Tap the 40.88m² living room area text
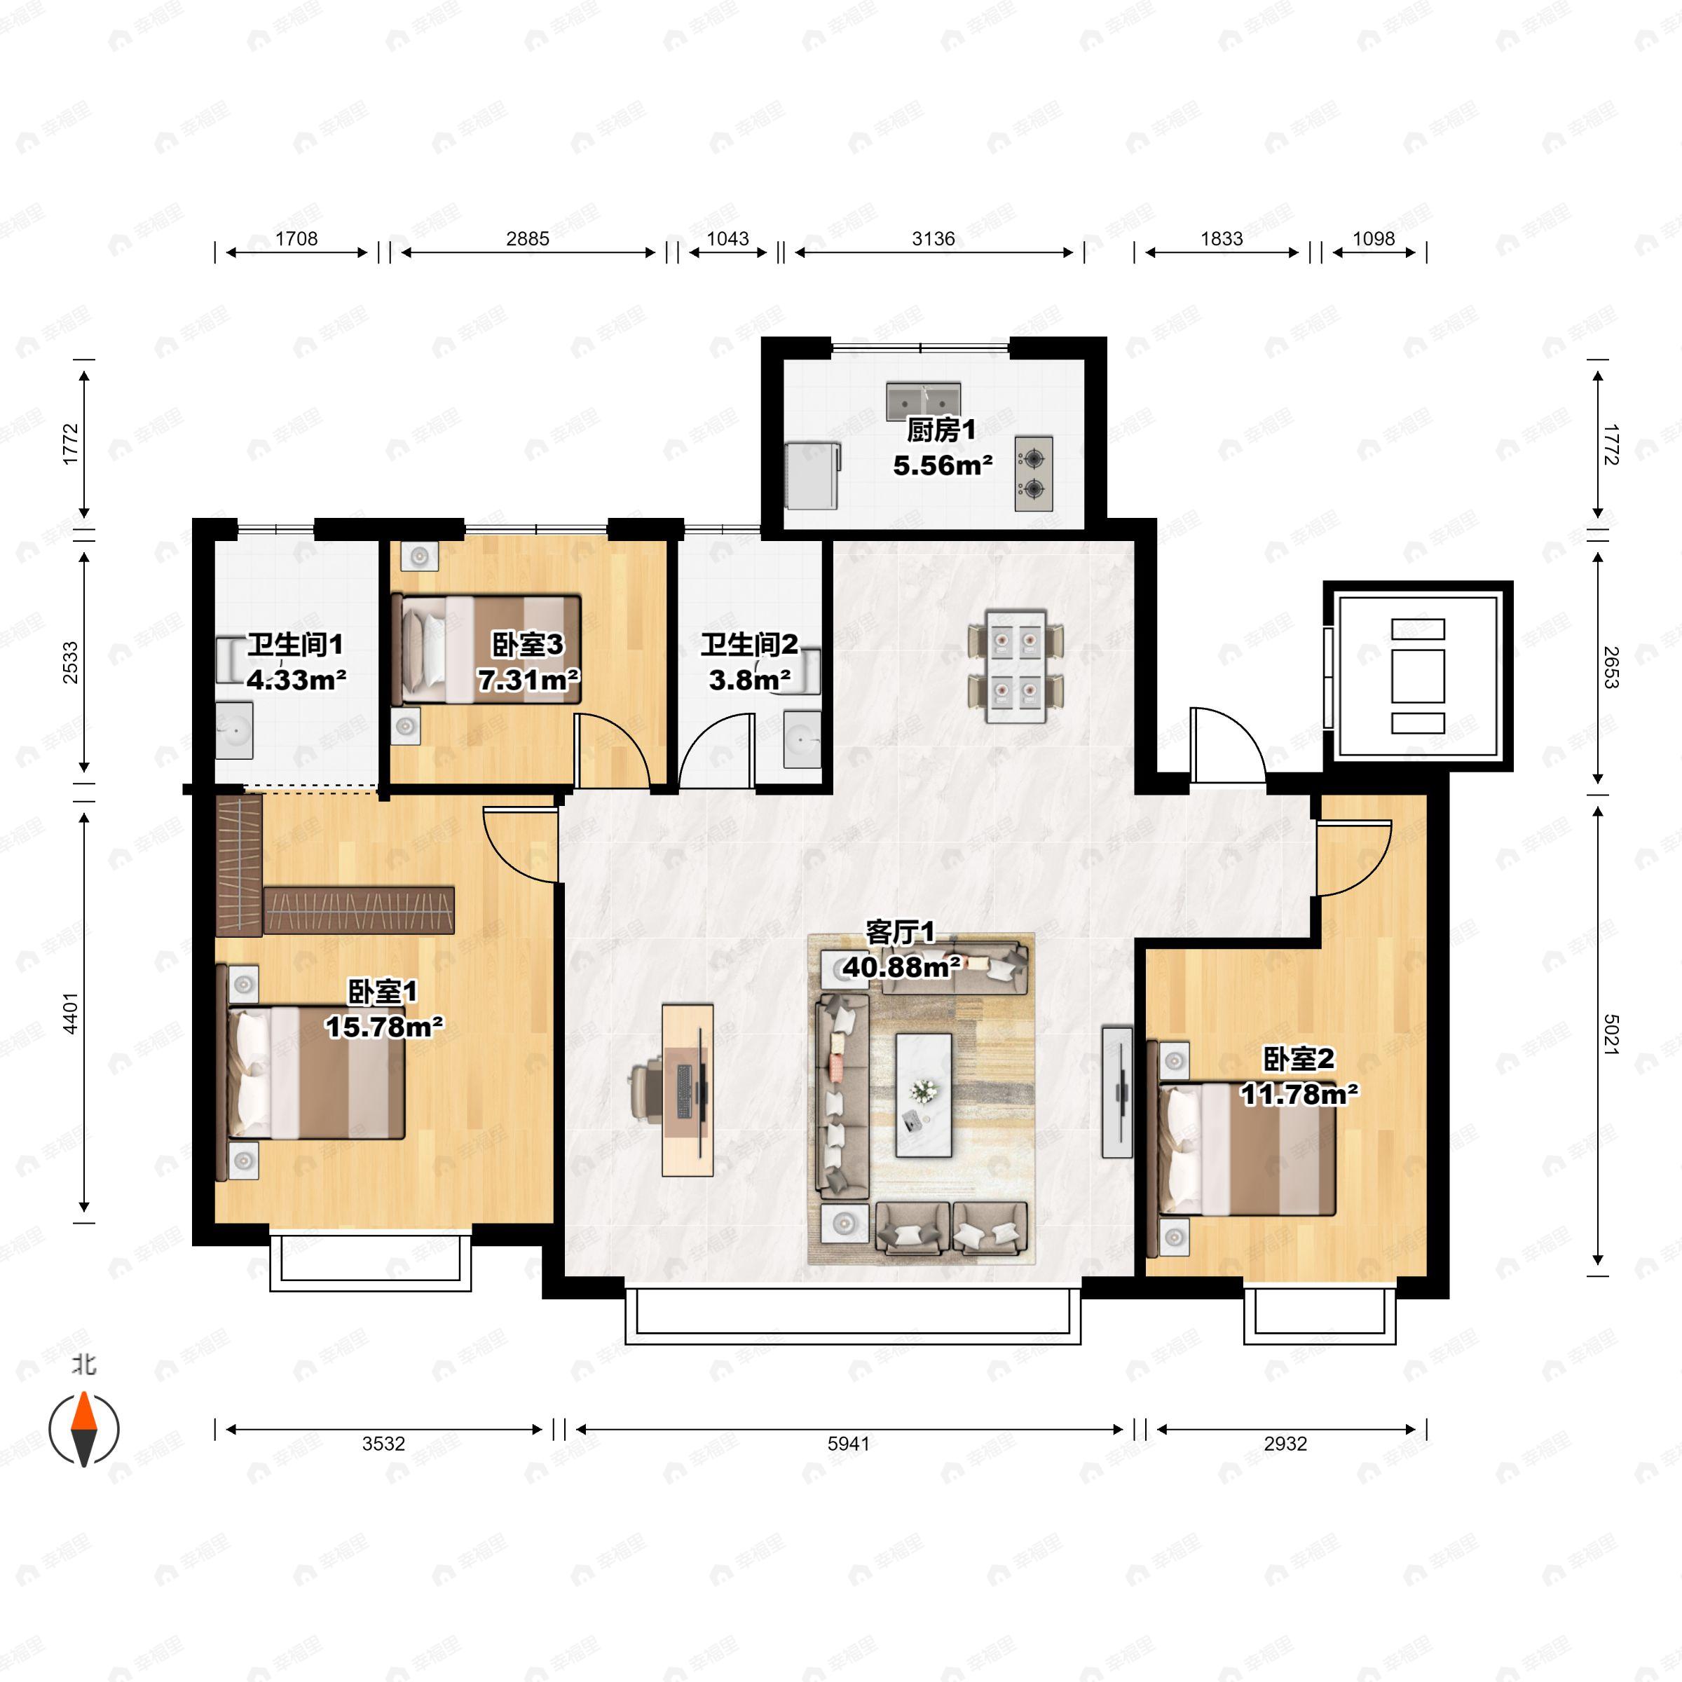tap(902, 966)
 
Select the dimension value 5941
tap(849, 1444)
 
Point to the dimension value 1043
tap(728, 238)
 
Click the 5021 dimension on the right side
tap(1611, 1034)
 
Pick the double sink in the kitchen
tap(924, 400)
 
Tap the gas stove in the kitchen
tap(1034, 474)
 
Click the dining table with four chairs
tap(1015, 666)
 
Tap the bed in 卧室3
tap(486, 648)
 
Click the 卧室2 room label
tap(1298, 1059)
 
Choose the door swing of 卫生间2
tap(716, 751)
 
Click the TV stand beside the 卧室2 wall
tap(1117, 1093)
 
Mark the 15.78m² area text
tap(384, 1027)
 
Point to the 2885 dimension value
tap(528, 238)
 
